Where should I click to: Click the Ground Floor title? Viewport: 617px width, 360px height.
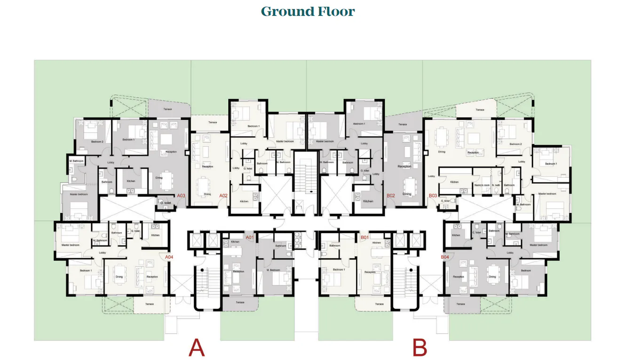[308, 11]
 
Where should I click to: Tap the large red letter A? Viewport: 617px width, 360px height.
[197, 348]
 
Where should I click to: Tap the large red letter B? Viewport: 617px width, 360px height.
[419, 348]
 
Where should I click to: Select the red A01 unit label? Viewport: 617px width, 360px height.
[250, 238]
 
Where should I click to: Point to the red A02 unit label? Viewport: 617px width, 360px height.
[223, 195]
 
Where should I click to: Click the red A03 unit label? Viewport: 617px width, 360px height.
[181, 195]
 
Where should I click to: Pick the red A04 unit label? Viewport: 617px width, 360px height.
[169, 257]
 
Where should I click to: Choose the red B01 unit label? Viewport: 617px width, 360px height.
[364, 238]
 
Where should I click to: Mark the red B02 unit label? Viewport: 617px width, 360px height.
[390, 195]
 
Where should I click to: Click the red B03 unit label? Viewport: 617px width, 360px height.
[433, 195]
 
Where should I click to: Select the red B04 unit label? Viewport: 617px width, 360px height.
[445, 257]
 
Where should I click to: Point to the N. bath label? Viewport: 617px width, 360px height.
[496, 185]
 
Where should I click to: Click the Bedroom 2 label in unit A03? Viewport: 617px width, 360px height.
[97, 141]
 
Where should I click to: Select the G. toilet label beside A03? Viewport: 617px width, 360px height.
[165, 203]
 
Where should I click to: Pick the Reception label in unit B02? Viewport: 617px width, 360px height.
[404, 166]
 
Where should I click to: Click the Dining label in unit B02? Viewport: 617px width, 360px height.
[406, 194]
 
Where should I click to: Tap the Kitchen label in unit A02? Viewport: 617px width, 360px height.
[244, 201]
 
